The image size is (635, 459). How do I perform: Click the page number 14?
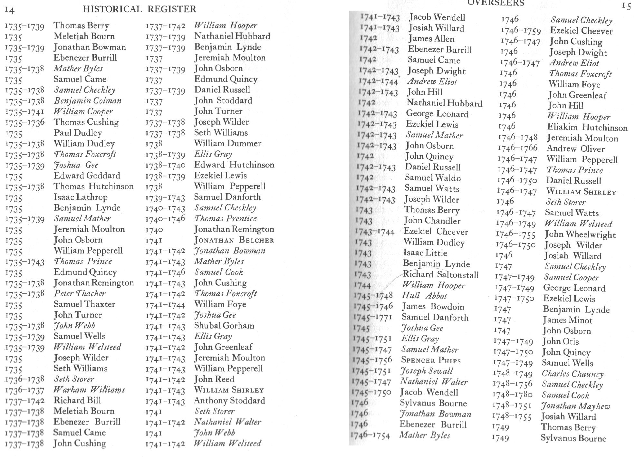(10, 11)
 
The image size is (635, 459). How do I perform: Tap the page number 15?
(626, 6)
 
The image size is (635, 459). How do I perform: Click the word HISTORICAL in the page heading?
(112, 9)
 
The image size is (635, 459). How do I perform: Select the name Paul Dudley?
(78, 133)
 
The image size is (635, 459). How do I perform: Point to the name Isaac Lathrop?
(81, 197)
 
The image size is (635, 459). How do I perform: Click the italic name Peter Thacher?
(80, 293)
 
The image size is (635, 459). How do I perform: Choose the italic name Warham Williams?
(89, 390)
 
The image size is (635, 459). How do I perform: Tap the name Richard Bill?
(77, 400)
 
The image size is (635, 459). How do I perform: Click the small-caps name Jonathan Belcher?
(234, 240)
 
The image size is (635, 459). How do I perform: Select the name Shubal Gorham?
(224, 326)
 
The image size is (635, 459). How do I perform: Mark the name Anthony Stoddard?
(229, 401)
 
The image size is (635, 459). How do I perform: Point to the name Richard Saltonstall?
(441, 274)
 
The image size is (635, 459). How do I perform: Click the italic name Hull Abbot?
(424, 296)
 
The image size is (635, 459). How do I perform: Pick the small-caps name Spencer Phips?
(431, 360)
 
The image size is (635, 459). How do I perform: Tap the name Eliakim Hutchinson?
(587, 127)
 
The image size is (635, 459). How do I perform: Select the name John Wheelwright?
(580, 234)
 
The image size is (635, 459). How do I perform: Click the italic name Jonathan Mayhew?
(575, 406)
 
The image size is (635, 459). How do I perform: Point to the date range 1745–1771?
(373, 317)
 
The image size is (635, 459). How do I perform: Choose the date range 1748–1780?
(512, 395)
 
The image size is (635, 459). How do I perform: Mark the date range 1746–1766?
(517, 148)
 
